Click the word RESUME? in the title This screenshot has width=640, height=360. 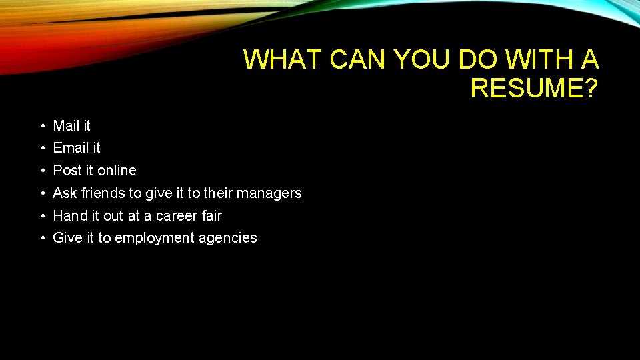[x=534, y=87]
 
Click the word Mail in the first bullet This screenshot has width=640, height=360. [x=65, y=125]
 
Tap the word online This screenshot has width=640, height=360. [x=117, y=170]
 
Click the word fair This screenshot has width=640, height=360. [x=212, y=215]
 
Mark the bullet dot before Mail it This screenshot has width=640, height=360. [x=41, y=126]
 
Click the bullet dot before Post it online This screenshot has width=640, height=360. [x=41, y=171]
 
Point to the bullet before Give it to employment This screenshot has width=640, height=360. [x=41, y=239]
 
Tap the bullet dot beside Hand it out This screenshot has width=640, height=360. [x=41, y=216]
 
